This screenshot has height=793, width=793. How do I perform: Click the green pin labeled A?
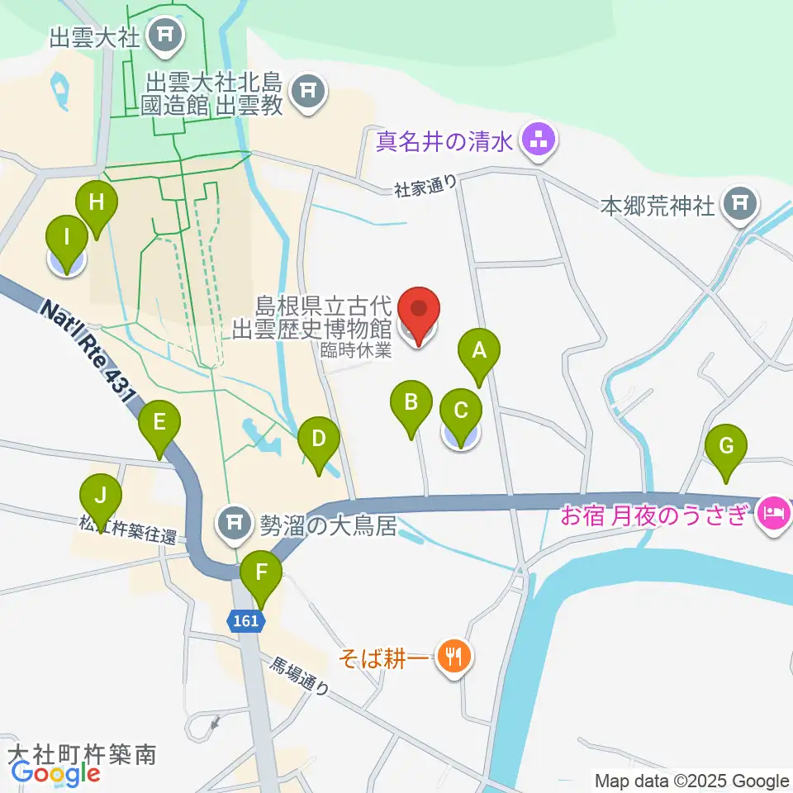[x=479, y=350]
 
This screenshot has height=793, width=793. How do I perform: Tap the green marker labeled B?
[x=411, y=403]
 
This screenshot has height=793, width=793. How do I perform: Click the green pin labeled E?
[x=159, y=424]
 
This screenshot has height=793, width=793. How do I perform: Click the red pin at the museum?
[x=420, y=311]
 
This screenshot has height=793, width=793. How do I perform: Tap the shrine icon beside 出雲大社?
[x=165, y=35]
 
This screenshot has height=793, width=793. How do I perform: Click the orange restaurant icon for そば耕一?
[x=453, y=656]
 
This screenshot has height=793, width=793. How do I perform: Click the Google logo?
[x=55, y=773]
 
